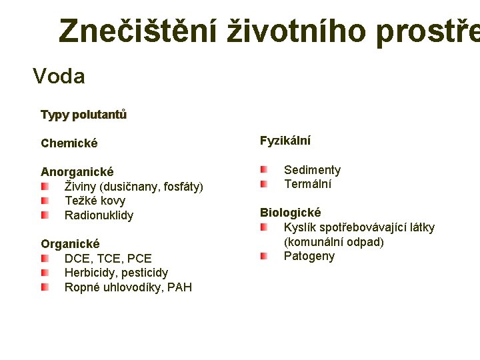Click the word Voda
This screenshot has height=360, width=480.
tap(59, 77)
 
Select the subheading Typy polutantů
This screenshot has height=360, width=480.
tap(83, 115)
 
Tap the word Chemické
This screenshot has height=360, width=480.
tap(69, 143)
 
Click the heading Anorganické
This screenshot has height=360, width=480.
tap(77, 172)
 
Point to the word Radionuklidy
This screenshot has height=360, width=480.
tap(99, 215)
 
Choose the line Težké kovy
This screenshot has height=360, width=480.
tap(95, 201)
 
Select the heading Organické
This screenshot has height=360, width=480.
tap(70, 244)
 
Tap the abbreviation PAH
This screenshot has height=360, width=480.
tap(179, 287)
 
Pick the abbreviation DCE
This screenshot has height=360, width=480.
tap(77, 259)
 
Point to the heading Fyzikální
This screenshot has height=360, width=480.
tap(285, 141)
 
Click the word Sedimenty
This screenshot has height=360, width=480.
tap(312, 170)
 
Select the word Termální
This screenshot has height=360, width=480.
tap(307, 184)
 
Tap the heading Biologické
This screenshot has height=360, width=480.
tap(290, 213)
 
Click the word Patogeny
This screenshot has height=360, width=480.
tap(309, 257)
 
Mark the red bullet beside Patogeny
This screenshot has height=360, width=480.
tap(264, 256)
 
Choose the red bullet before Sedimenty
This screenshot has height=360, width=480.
tap(264, 170)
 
